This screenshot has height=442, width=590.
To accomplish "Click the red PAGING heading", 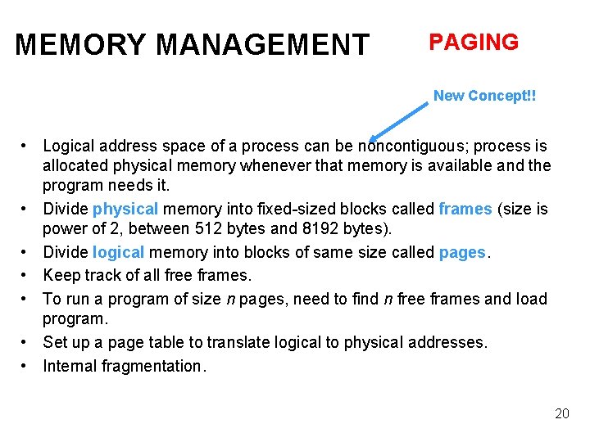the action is tap(474, 43).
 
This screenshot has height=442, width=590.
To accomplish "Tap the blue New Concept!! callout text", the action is tap(484, 96).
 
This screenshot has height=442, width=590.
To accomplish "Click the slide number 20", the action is tap(561, 413).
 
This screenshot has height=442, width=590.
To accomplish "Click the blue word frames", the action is tap(465, 209).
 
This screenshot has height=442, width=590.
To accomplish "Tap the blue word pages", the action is tap(462, 252).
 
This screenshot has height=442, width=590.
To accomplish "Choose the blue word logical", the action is tap(120, 252).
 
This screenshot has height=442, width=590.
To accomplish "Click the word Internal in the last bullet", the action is tap(70, 366).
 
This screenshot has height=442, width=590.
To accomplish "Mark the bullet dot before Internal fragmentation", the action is tap(27, 366).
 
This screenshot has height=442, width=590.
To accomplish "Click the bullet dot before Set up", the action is tap(27, 342).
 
